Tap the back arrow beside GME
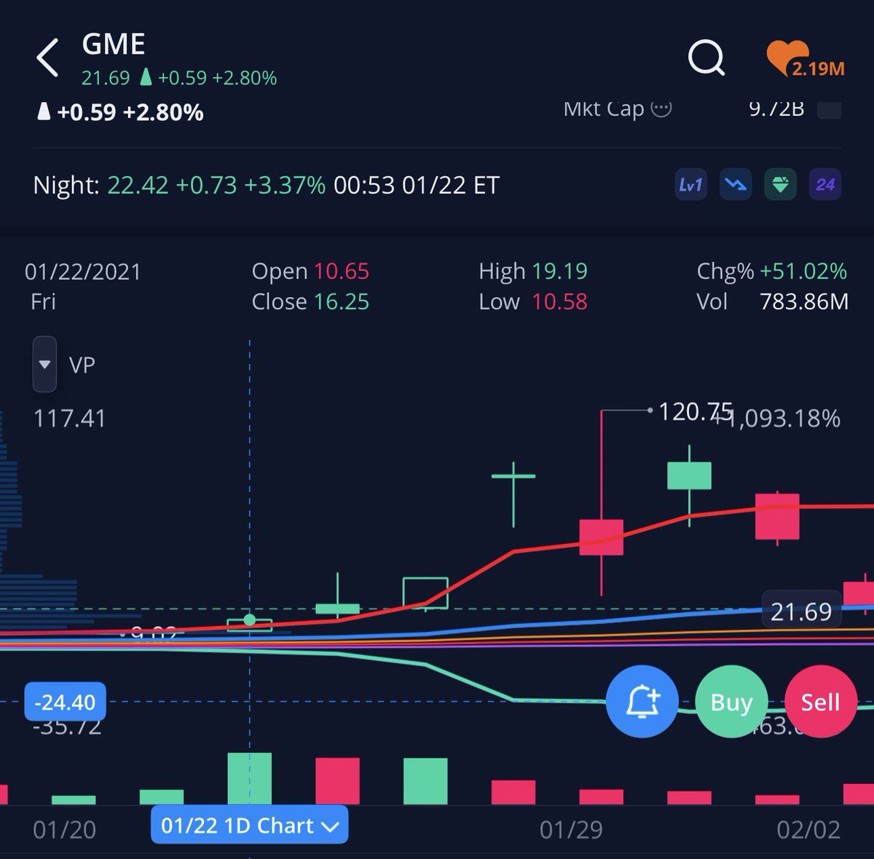(x=47, y=58)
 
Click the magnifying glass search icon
(x=706, y=58)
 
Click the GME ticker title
(x=114, y=45)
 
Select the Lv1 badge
(x=690, y=185)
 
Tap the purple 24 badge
(x=825, y=185)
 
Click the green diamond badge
(x=780, y=185)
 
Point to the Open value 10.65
(x=342, y=272)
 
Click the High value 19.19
(x=559, y=272)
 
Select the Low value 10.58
(x=559, y=302)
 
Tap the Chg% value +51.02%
(x=803, y=272)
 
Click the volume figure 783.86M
(x=804, y=302)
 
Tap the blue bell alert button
(x=642, y=702)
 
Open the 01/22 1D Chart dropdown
(x=249, y=826)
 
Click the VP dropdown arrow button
(x=44, y=364)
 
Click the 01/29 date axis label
(x=571, y=830)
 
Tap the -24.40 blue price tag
(x=66, y=702)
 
